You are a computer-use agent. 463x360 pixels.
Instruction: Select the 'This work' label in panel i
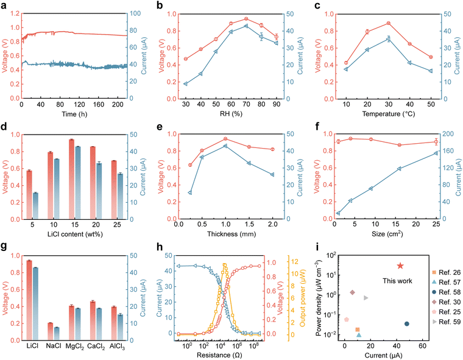point(399,281)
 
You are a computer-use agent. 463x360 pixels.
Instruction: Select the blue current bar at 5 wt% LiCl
point(36,206)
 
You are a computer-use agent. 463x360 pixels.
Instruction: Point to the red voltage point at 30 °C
point(388,23)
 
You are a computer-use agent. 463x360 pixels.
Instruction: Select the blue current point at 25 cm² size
point(436,153)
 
